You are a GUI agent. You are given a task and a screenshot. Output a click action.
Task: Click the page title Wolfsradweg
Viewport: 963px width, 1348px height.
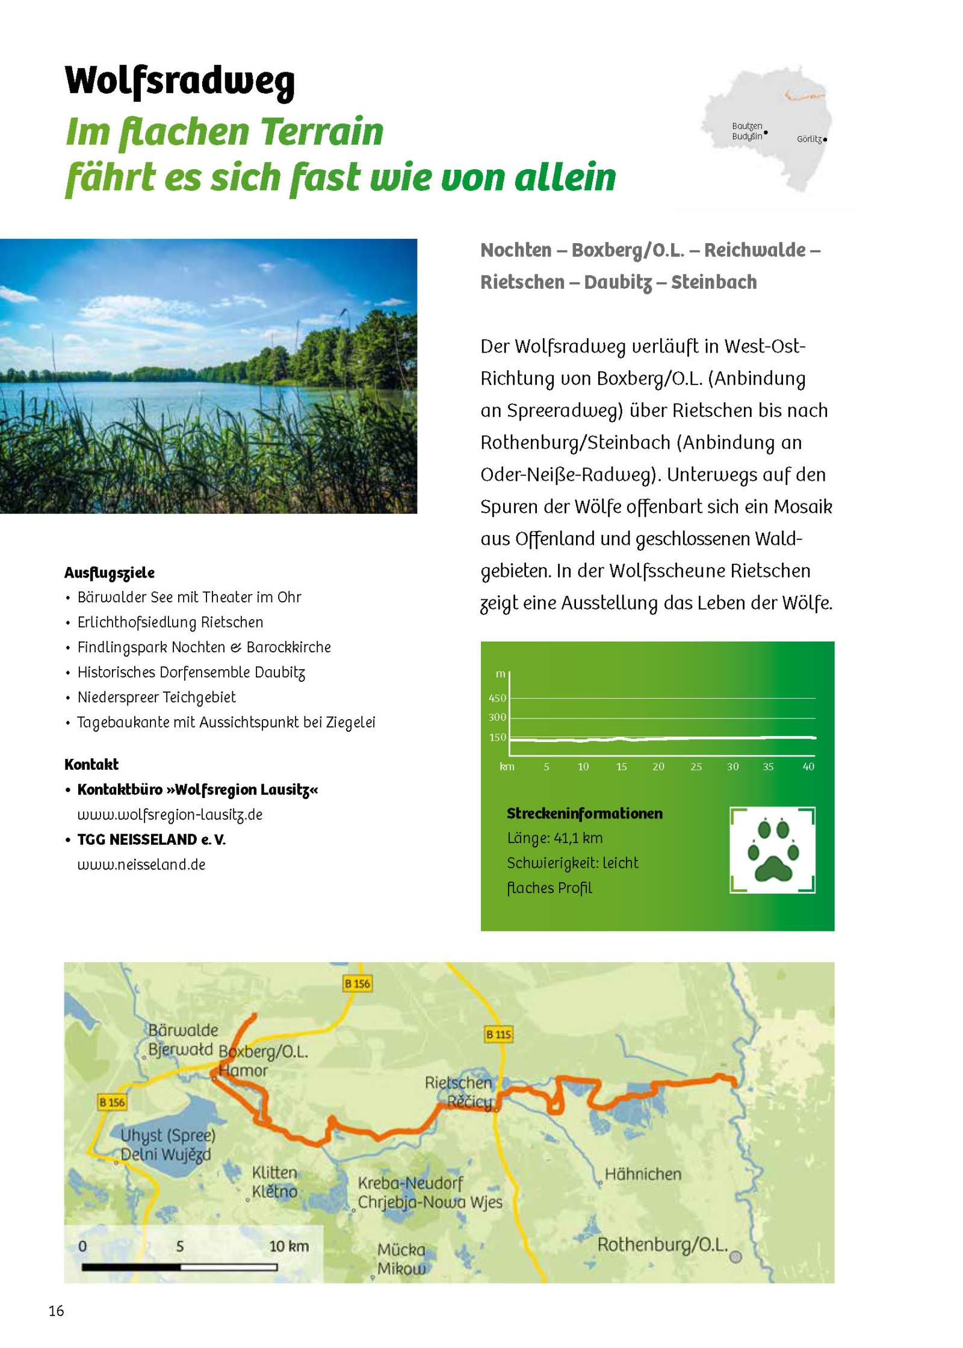pos(179,81)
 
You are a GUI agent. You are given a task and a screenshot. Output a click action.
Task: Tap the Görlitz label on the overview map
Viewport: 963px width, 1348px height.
pos(808,139)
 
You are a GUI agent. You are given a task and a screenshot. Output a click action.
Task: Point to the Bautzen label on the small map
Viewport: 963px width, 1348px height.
pos(746,126)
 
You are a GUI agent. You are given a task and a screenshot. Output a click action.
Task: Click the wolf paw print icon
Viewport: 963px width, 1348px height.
pos(772,850)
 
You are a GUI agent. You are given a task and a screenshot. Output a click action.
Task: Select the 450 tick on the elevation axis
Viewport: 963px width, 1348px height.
pos(497,698)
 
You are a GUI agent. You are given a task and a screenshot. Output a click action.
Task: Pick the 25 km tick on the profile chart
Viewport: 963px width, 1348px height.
pos(696,767)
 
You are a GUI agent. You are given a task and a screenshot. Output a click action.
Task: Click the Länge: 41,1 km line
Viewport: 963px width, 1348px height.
pos(554,838)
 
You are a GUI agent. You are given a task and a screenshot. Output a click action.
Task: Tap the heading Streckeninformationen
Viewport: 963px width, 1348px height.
pos(584,813)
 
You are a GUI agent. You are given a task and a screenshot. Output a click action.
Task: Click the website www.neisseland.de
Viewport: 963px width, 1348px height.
pos(141,865)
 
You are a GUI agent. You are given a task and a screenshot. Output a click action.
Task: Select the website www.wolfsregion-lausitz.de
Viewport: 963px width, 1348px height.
pos(170,814)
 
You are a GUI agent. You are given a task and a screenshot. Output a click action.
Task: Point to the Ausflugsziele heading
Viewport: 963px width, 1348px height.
pos(110,572)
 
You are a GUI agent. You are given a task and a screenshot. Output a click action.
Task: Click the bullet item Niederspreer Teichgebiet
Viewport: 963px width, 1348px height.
pos(156,697)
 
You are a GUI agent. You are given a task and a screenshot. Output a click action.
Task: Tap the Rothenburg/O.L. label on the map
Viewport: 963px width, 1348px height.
pos(662,1244)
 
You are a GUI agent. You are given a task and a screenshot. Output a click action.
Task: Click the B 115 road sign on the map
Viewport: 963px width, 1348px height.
pos(498,1034)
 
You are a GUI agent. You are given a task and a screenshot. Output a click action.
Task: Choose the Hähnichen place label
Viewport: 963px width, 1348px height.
pos(643,1174)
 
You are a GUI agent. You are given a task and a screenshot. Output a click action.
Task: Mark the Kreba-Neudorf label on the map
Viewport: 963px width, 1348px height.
pos(410,1183)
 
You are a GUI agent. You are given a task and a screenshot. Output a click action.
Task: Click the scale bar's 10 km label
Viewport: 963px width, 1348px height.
pos(289,1246)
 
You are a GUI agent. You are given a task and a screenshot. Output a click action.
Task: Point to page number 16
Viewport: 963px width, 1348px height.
pos(57,1311)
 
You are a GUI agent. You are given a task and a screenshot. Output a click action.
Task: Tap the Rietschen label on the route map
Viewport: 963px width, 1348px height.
pos(458,1083)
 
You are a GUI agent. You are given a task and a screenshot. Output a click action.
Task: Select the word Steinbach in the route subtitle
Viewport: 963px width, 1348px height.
pos(714,282)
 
